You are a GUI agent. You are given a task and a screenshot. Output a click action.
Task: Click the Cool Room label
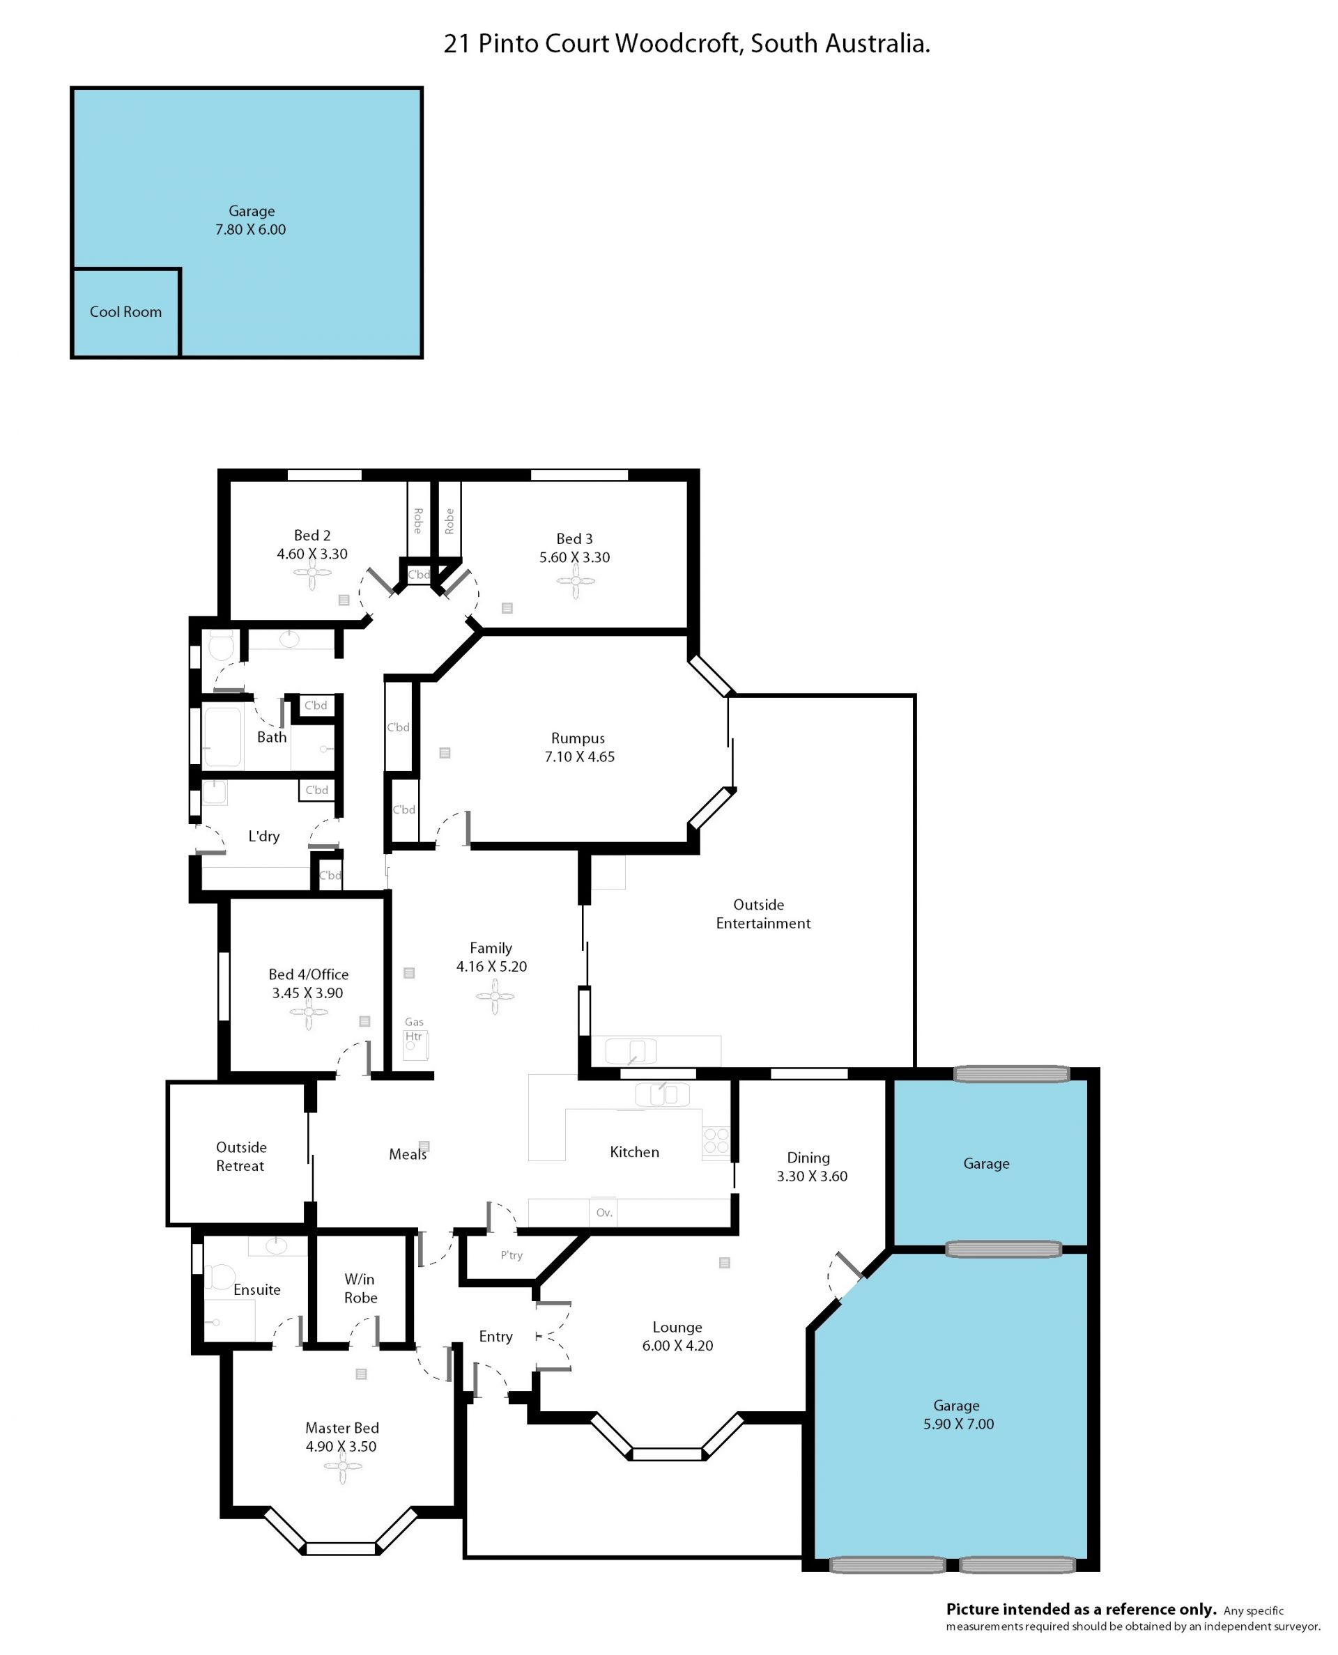click(125, 312)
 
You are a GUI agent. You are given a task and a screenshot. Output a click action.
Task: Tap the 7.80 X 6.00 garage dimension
click(250, 230)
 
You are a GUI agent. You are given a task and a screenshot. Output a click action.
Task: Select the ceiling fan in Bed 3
click(576, 581)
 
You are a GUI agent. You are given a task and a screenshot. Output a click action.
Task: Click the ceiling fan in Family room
click(495, 997)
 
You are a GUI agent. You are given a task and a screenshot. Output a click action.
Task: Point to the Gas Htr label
click(414, 1029)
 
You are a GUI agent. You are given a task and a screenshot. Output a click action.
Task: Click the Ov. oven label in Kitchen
click(604, 1213)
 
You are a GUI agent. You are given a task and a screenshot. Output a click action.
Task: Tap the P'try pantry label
click(512, 1255)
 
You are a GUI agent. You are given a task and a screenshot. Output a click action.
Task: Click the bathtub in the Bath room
click(223, 738)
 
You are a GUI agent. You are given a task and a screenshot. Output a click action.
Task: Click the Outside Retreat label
click(240, 1156)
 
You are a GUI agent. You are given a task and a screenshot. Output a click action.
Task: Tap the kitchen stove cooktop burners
click(716, 1141)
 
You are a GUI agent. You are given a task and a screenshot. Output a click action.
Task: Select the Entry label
click(495, 1337)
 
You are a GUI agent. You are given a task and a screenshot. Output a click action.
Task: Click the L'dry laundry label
click(263, 836)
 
